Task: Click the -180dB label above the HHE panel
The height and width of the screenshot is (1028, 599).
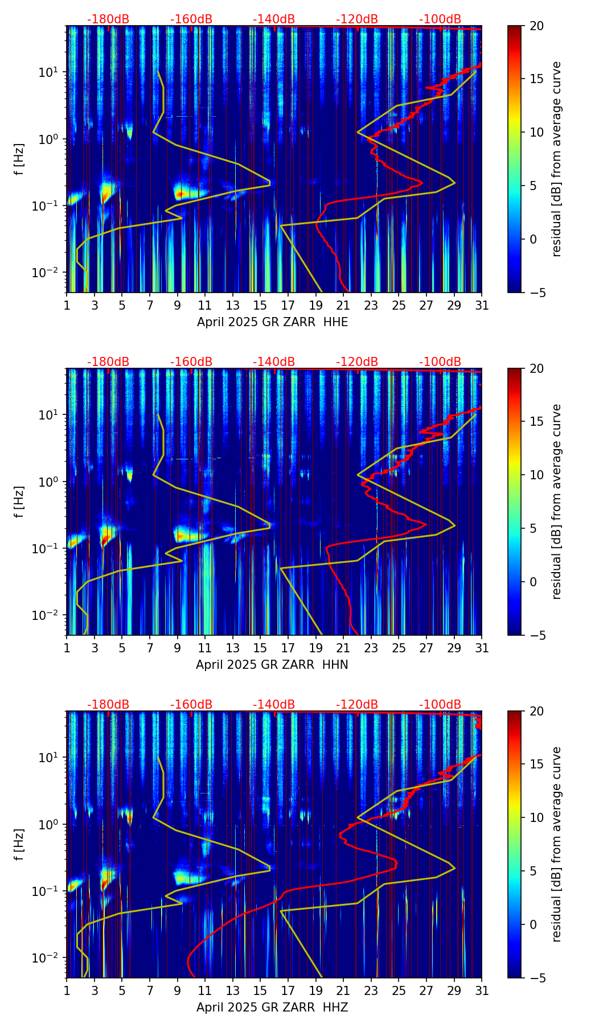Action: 108,19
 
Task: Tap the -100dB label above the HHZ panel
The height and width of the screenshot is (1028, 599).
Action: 440,705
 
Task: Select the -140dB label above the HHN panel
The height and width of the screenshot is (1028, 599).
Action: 274,362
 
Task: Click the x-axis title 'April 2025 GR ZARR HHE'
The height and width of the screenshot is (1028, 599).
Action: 272,322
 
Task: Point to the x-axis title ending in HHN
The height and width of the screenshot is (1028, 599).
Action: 272,665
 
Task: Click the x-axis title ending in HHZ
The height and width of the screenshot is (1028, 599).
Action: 272,1008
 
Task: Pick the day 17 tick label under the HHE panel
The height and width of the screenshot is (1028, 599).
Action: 288,305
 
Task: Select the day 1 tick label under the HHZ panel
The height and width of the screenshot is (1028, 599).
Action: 67,990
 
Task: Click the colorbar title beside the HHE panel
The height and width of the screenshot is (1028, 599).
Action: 557,159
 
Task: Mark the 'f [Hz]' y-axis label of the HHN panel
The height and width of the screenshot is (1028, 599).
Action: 19,501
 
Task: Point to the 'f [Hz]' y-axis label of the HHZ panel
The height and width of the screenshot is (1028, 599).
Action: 19,844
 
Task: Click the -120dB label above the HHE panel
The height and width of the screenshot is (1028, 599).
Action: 357,19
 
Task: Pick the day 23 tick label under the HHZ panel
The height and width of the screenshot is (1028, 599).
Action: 371,990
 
